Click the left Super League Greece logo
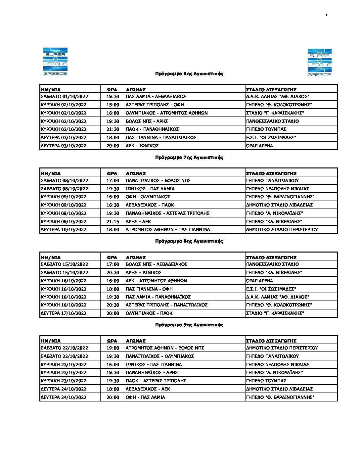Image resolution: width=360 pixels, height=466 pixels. coord(55,62)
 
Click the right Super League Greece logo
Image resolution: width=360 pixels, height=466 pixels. coord(319,63)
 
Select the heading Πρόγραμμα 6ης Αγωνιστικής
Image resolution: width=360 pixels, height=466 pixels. coord(189,74)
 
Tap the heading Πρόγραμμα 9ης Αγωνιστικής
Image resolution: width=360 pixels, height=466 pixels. coord(189,325)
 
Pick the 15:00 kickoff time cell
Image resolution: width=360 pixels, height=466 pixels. coord(112,105)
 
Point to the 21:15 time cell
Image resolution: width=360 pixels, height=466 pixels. coord(112,222)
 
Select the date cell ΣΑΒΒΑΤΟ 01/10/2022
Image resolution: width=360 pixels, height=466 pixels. coord(64,97)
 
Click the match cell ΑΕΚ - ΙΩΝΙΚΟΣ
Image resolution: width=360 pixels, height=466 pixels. coord(142,146)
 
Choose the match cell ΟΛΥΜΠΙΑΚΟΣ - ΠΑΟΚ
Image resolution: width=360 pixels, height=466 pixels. coord(149,313)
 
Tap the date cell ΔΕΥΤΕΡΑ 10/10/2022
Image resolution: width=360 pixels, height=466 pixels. coord(64,230)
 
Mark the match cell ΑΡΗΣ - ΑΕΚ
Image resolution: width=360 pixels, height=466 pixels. coord(138,222)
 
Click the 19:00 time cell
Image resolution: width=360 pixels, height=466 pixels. coord(112,348)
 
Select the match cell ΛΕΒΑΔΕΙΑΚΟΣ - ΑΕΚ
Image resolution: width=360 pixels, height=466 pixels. coord(148,389)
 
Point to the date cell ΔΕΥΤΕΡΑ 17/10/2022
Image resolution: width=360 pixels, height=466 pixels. coord(64,313)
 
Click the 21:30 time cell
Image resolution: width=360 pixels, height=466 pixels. coord(112,129)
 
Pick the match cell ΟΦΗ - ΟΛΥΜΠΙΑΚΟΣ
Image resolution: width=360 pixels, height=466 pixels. coord(148,197)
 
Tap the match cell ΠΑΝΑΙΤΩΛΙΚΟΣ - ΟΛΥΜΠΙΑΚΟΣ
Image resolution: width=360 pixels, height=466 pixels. coord(160,356)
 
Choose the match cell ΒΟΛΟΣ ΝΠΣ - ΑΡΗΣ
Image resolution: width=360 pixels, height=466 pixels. coord(147,121)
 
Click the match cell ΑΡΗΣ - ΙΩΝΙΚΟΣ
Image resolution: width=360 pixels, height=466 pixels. coord(144,273)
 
